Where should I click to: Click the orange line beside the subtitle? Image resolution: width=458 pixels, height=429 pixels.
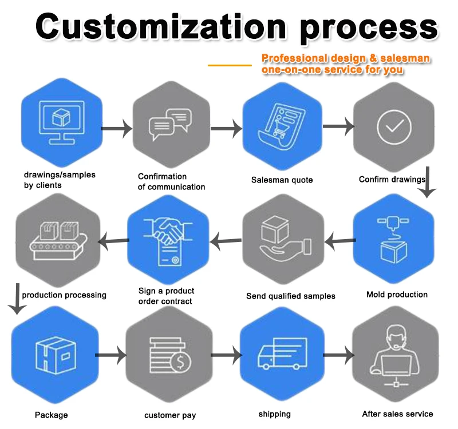click(230, 65)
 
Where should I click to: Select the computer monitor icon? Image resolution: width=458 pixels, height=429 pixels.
click(60, 121)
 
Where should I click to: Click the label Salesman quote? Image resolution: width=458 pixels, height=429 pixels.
click(282, 180)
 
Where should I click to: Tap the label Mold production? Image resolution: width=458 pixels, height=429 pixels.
click(397, 295)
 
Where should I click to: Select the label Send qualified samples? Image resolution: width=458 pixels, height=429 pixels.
click(291, 296)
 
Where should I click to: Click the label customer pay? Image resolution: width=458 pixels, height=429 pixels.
click(170, 415)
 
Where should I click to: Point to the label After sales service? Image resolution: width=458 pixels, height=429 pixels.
click(397, 414)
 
